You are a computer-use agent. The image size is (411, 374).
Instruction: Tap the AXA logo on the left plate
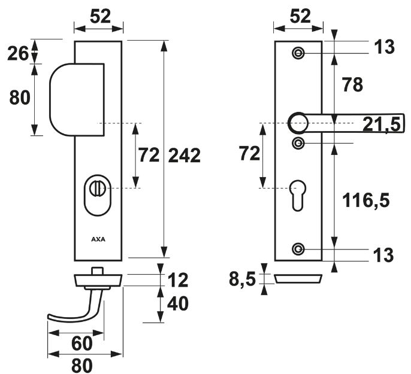pyautogui.click(x=98, y=238)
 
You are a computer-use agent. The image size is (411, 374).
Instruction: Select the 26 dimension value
pyautogui.click(x=19, y=53)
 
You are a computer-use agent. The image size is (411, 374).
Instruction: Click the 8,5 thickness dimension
pyautogui.click(x=242, y=278)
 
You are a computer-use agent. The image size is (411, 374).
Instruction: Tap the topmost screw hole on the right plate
pyautogui.click(x=298, y=53)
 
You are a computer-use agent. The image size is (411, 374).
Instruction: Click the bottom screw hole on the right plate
pyautogui.click(x=298, y=248)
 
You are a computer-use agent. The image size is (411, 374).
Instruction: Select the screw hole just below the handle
pyautogui.click(x=298, y=142)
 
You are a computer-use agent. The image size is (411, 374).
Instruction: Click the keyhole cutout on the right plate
pyautogui.click(x=298, y=193)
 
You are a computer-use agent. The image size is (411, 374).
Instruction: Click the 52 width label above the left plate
pyautogui.click(x=99, y=16)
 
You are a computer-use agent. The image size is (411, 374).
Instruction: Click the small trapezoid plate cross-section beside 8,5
pyautogui.click(x=298, y=278)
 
